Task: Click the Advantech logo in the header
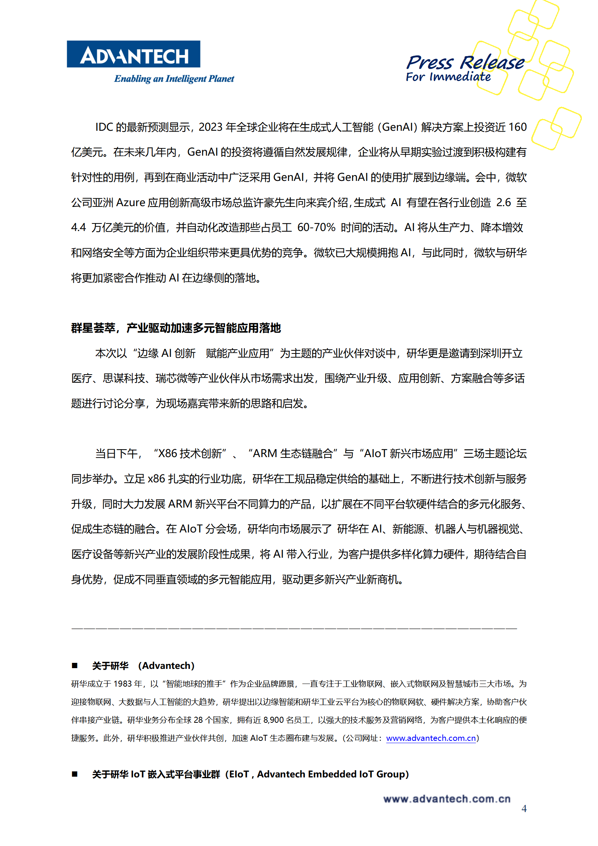pyautogui.click(x=133, y=54)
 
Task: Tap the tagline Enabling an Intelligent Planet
pyautogui.click(x=174, y=79)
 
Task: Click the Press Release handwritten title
pyautogui.click(x=465, y=62)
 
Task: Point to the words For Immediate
pyautogui.click(x=448, y=77)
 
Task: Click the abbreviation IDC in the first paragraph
pyautogui.click(x=104, y=127)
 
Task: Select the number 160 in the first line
pyautogui.click(x=517, y=127)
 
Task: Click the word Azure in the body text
pyautogui.click(x=130, y=203)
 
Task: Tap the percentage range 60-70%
pyautogui.click(x=316, y=228)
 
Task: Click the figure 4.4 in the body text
pyautogui.click(x=78, y=228)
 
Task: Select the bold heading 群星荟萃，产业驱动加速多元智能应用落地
pyautogui.click(x=176, y=328)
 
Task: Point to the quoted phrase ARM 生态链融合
pyautogui.click(x=292, y=454)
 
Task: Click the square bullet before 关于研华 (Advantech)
pyautogui.click(x=75, y=666)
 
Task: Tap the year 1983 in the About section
pyautogui.click(x=122, y=684)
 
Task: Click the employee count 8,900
pyautogui.click(x=273, y=720)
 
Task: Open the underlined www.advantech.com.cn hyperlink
pyautogui.click(x=431, y=738)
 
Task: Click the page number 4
pyautogui.click(x=524, y=809)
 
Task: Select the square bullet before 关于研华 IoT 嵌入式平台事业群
pyautogui.click(x=75, y=774)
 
